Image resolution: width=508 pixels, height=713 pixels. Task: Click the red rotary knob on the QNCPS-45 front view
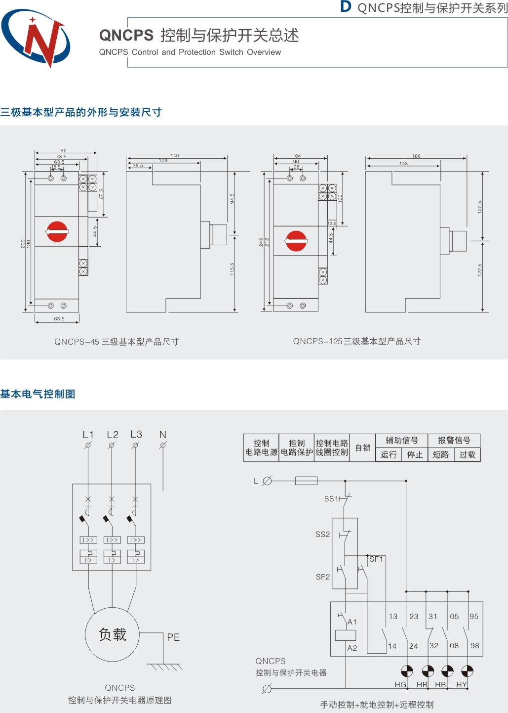coord(57,231)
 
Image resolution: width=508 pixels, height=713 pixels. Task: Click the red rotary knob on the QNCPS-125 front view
coord(296,241)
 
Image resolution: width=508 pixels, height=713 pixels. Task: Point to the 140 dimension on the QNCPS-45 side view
coord(175,156)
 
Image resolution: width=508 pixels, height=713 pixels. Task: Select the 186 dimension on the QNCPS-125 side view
coord(417,156)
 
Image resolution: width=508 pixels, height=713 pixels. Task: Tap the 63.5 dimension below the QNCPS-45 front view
coord(59,319)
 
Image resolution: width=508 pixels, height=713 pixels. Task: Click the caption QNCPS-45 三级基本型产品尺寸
coord(117,342)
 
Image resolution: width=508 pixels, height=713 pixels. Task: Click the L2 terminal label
coord(113,435)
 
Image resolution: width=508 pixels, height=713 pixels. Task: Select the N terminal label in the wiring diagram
coord(163,435)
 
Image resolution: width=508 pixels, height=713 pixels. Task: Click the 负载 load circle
coord(113,634)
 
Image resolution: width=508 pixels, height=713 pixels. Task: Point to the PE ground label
coord(173,637)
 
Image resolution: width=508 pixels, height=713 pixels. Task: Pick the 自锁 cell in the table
coord(363,448)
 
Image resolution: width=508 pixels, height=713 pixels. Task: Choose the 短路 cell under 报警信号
coord(441,455)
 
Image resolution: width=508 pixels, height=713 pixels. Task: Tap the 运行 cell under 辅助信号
coord(389,455)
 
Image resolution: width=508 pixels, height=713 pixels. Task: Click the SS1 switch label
coord(330,499)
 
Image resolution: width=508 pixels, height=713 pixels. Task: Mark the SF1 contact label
coord(376,559)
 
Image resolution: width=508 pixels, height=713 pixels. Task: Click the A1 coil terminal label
coord(352,622)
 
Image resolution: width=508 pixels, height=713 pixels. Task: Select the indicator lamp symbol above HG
coord(407,671)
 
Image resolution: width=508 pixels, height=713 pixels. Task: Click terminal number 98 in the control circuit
coord(475,646)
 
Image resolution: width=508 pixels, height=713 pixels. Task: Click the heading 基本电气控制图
coord(38,394)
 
